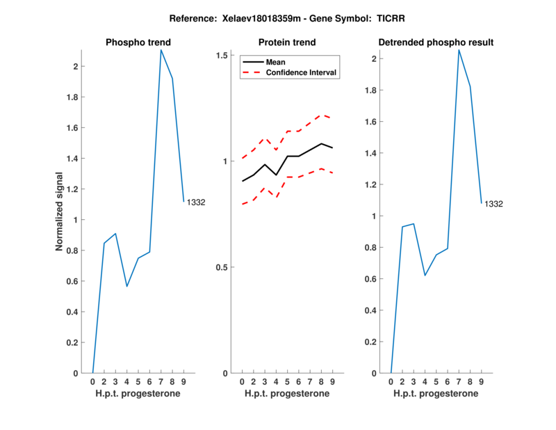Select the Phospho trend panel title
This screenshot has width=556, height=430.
(x=138, y=42)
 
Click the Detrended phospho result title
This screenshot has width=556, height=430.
(x=436, y=42)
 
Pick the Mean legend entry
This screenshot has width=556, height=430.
(x=276, y=62)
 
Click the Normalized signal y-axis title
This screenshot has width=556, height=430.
(x=61, y=212)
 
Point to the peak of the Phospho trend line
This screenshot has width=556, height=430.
(x=161, y=50)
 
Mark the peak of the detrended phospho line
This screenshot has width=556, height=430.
(x=459, y=50)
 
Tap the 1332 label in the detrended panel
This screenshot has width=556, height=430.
(x=494, y=204)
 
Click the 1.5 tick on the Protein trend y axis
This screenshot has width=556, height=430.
(x=223, y=55)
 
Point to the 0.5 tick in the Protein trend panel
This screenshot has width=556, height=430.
(x=223, y=267)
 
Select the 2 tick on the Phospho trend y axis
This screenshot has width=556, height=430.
(x=74, y=67)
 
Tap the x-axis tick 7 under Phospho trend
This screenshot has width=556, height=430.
(x=161, y=382)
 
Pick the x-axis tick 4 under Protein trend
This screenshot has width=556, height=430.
(x=276, y=382)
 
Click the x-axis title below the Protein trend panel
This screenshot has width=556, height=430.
(x=287, y=394)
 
